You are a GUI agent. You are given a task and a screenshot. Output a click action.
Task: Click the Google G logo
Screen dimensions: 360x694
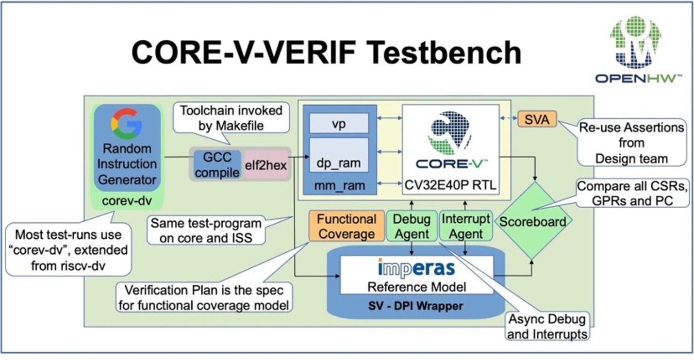click(x=127, y=124)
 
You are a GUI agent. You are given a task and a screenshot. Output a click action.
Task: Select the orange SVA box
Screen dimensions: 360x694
click(x=537, y=119)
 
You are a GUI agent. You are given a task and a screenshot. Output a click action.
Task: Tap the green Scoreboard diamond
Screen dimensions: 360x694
click(x=533, y=222)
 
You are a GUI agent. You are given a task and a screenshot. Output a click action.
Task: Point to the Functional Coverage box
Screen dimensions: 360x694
click(x=346, y=226)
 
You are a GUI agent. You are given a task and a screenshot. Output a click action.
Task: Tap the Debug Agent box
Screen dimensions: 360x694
click(x=412, y=226)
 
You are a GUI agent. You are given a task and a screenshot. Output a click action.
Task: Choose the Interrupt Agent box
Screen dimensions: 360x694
click(x=465, y=226)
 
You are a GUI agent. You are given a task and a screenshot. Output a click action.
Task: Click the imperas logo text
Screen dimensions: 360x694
click(x=416, y=268)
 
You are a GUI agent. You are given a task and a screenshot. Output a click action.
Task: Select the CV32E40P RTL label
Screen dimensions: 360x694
click(x=450, y=184)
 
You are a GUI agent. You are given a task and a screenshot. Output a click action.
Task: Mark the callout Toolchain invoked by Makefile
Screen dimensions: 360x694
click(x=231, y=118)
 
